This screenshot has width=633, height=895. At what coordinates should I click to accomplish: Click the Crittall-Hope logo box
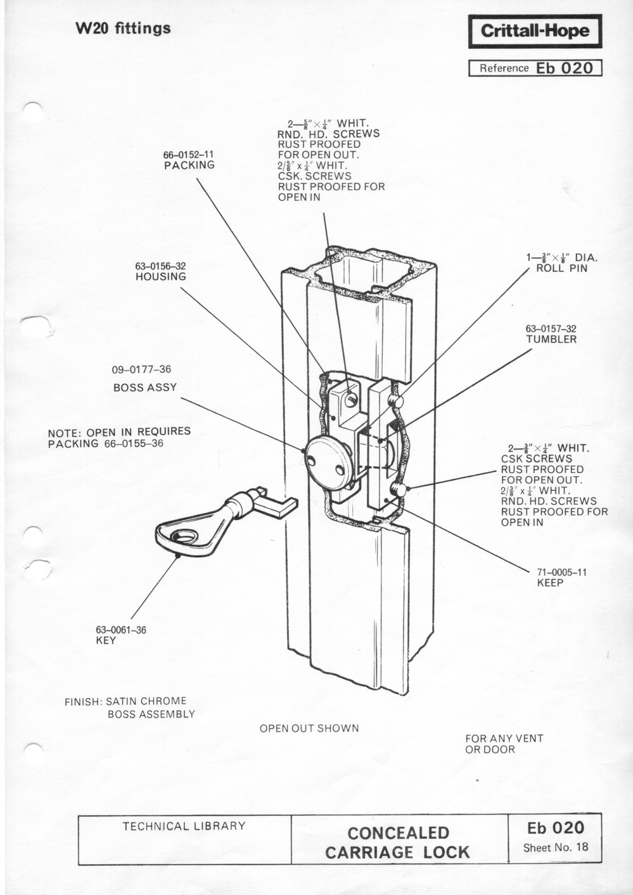534,31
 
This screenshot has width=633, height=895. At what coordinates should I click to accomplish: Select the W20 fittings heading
123,29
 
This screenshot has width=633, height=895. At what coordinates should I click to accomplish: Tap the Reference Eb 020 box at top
534,68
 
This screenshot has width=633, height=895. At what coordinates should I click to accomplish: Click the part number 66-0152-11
189,154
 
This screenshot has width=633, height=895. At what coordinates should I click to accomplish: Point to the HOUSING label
160,277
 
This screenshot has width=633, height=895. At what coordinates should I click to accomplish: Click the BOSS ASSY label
145,388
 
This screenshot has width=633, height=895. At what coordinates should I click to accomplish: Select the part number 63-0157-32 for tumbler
551,329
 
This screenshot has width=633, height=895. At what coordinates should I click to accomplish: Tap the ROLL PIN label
561,269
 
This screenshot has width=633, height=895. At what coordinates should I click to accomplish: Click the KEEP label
550,583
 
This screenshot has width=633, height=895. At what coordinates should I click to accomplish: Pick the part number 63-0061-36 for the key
120,630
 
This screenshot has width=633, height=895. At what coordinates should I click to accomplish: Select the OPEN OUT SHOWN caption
309,728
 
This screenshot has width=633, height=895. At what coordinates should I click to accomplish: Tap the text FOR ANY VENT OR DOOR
504,744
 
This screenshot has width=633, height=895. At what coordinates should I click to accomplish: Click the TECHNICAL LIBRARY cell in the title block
184,826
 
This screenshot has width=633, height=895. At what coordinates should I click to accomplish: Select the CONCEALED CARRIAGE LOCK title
398,842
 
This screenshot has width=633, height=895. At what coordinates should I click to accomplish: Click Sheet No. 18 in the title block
555,847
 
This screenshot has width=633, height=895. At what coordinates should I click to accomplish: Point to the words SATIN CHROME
146,701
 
